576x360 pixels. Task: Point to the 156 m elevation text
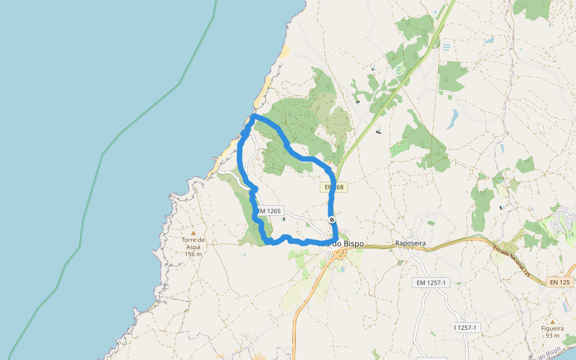coord(193,254)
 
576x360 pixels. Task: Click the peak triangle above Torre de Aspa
coord(193,233)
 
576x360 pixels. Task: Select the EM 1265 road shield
coord(268,211)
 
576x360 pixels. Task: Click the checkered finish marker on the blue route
coord(332,220)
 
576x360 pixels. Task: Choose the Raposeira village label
coord(410,244)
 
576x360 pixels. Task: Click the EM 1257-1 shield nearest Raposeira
coord(431,283)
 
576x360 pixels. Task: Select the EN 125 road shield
coord(560,282)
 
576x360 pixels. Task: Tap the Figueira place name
coord(553,328)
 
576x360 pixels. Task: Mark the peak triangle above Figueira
coord(553,321)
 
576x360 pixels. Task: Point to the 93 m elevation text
coord(553,335)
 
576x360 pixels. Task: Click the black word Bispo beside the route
coord(353,244)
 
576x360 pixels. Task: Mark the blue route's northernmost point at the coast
coord(254,115)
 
